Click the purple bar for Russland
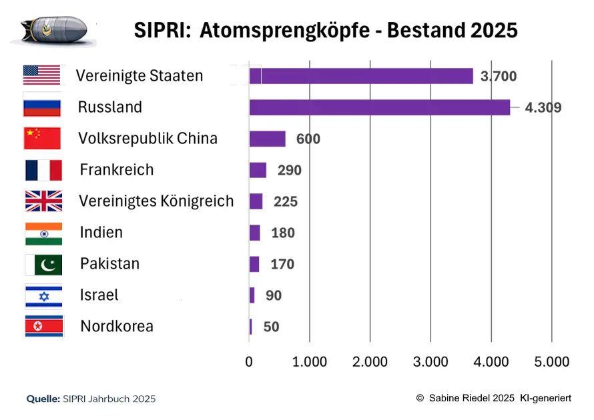379,107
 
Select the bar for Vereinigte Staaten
361,76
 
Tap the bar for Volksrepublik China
267,139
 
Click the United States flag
42,75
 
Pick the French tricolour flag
43,170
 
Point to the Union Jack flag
43,201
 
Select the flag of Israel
43,295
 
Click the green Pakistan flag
43,265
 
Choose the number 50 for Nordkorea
271,327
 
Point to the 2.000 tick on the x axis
370,362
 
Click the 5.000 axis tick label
551,362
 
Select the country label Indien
101,233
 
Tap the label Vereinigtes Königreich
156,201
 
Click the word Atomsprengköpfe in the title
294,31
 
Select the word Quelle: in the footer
43,399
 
